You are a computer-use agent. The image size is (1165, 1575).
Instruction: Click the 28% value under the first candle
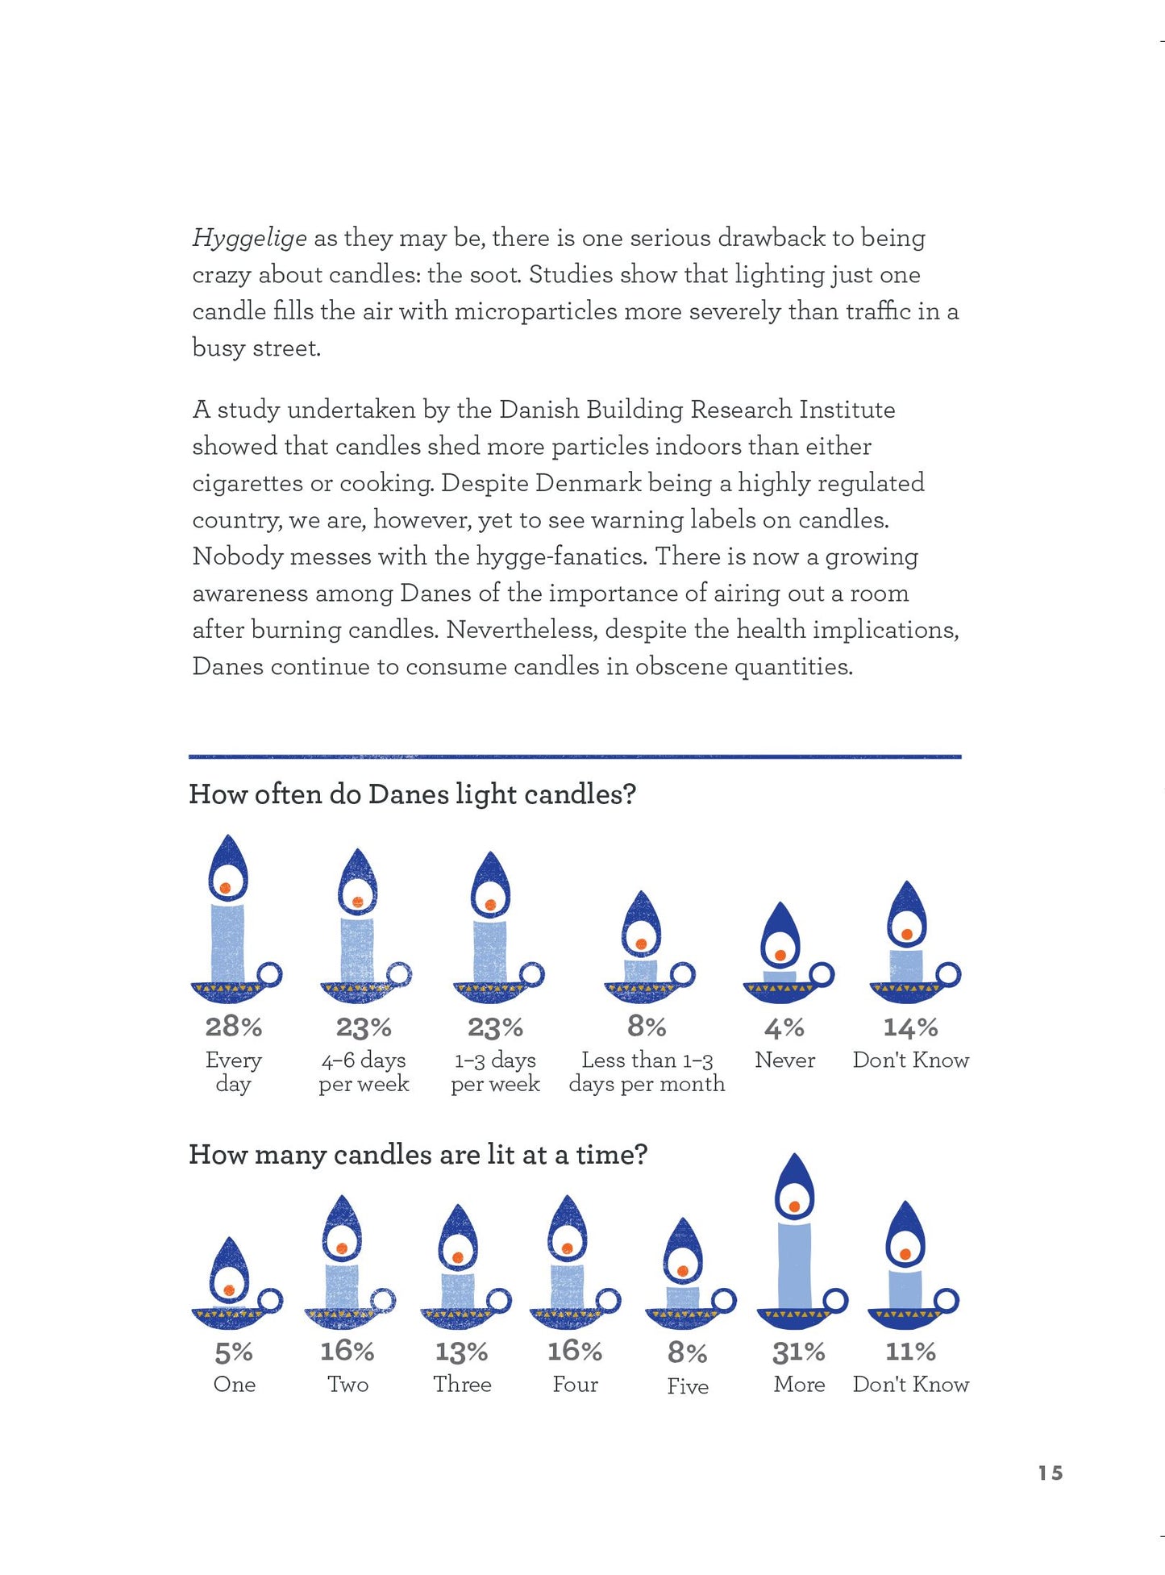pyautogui.click(x=233, y=1027)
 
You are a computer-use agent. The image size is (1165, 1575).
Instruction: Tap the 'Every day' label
pyautogui.click(x=233, y=1072)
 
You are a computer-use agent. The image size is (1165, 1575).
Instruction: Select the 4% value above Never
pyautogui.click(x=784, y=1027)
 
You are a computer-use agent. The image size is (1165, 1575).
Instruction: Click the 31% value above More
pyautogui.click(x=798, y=1352)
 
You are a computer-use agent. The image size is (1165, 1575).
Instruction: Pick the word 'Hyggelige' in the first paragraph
pyautogui.click(x=249, y=238)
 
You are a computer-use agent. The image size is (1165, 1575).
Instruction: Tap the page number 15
pyautogui.click(x=1050, y=1473)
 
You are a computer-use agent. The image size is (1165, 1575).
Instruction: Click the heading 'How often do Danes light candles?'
pyautogui.click(x=412, y=794)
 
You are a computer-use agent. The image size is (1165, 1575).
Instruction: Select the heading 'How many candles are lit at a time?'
pyautogui.click(x=418, y=1155)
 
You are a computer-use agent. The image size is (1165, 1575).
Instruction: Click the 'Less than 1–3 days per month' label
pyautogui.click(x=647, y=1072)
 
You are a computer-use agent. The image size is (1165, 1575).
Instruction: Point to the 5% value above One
pyautogui.click(x=234, y=1352)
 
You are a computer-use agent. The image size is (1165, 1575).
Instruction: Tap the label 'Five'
pyautogui.click(x=688, y=1386)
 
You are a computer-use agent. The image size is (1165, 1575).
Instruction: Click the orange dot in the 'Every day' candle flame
pyautogui.click(x=226, y=888)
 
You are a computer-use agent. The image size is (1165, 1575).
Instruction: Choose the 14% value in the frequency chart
pyautogui.click(x=910, y=1027)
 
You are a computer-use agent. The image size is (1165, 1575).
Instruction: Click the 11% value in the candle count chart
pyautogui.click(x=910, y=1352)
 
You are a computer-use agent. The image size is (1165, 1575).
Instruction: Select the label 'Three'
pyautogui.click(x=462, y=1385)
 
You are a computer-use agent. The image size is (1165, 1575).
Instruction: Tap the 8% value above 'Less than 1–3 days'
pyautogui.click(x=647, y=1027)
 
